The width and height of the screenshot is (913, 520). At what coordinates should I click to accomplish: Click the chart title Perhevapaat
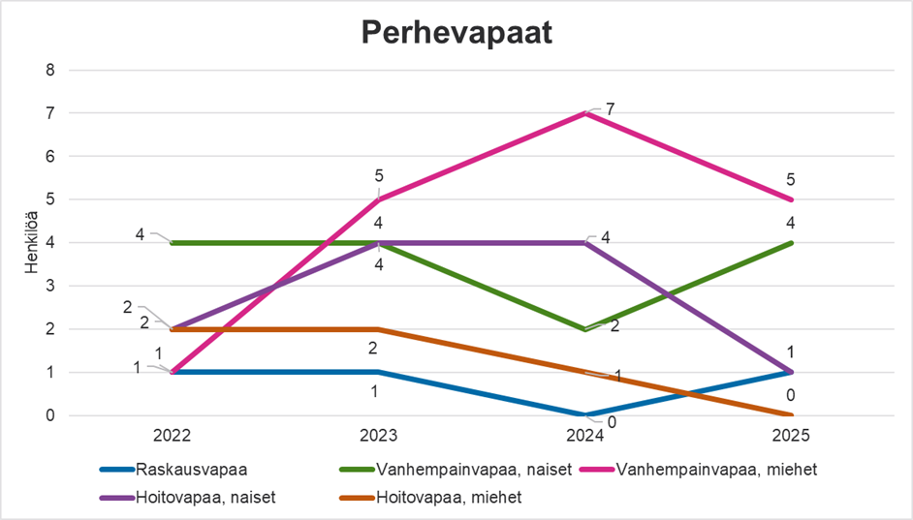tap(456, 33)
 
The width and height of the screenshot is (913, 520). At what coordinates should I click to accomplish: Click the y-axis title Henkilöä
tap(31, 242)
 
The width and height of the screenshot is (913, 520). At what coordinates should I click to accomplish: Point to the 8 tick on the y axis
tap(50, 71)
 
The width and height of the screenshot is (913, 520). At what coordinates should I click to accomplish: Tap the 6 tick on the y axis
tap(50, 157)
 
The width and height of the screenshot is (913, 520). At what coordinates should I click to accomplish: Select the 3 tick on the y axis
tap(50, 287)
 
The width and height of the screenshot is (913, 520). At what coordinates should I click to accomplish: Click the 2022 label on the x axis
tap(172, 436)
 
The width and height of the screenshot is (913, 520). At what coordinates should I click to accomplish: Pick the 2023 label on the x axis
tap(378, 436)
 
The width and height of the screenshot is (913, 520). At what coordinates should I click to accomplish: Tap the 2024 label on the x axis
tap(585, 436)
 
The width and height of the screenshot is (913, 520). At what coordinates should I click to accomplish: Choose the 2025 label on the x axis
tap(791, 436)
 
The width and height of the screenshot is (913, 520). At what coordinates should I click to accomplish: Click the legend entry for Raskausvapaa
tap(173, 470)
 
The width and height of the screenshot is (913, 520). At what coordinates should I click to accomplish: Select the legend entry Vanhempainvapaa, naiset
tap(456, 470)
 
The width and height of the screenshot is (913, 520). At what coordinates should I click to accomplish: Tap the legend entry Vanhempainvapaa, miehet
tap(699, 470)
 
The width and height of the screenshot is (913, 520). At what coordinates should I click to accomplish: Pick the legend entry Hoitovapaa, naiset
tap(187, 498)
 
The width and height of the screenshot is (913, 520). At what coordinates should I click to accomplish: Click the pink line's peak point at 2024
tap(585, 113)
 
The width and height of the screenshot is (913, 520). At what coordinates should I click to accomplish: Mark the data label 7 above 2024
tap(610, 109)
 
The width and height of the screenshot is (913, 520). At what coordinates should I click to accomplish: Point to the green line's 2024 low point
tap(585, 329)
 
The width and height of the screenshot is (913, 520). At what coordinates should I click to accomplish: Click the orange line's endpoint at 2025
tap(791, 415)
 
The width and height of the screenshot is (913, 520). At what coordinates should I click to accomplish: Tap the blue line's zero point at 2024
tap(585, 415)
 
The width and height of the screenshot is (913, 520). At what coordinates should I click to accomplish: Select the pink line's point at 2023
tap(378, 199)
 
